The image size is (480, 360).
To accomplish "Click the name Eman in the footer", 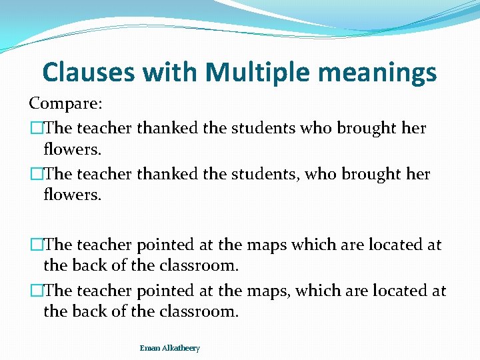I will click(149, 348).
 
